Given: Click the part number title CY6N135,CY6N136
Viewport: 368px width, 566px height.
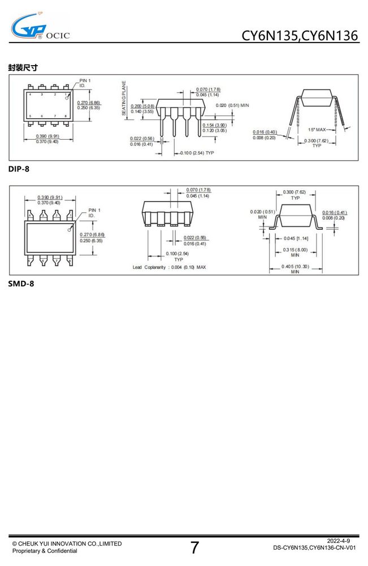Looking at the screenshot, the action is (300, 36).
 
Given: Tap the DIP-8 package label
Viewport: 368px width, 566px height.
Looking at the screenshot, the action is (19, 169).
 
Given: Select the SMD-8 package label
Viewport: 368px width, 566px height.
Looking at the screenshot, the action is (21, 284).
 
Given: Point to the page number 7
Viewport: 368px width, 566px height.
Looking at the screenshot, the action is (194, 547).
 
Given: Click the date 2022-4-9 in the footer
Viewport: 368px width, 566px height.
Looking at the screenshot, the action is (338, 541).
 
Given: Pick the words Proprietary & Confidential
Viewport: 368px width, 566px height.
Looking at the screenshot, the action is (45, 551).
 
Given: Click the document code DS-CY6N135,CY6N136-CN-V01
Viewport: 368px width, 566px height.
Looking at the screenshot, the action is (314, 547).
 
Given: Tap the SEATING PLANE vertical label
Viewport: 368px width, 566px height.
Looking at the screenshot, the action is (124, 98).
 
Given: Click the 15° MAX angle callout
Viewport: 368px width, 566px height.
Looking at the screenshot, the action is (317, 130).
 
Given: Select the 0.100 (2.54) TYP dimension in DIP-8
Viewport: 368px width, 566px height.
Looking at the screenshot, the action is (197, 153).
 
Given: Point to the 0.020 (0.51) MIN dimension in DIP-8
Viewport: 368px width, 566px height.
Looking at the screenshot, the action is (232, 105).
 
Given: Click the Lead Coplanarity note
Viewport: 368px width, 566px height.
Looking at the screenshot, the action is (169, 268).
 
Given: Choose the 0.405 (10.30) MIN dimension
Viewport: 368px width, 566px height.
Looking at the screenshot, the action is (295, 269).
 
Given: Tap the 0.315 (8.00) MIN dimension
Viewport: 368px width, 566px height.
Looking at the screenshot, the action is (295, 252).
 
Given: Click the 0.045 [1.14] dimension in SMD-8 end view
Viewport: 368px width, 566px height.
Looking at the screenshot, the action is (296, 239).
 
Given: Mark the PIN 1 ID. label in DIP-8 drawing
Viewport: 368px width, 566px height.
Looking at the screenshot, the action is (85, 83).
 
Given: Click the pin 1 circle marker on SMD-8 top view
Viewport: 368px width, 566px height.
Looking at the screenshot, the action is (70, 230).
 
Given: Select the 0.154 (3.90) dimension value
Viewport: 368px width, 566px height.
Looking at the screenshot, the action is (214, 125).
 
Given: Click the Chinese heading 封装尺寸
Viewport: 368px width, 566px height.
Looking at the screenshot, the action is (23, 67).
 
